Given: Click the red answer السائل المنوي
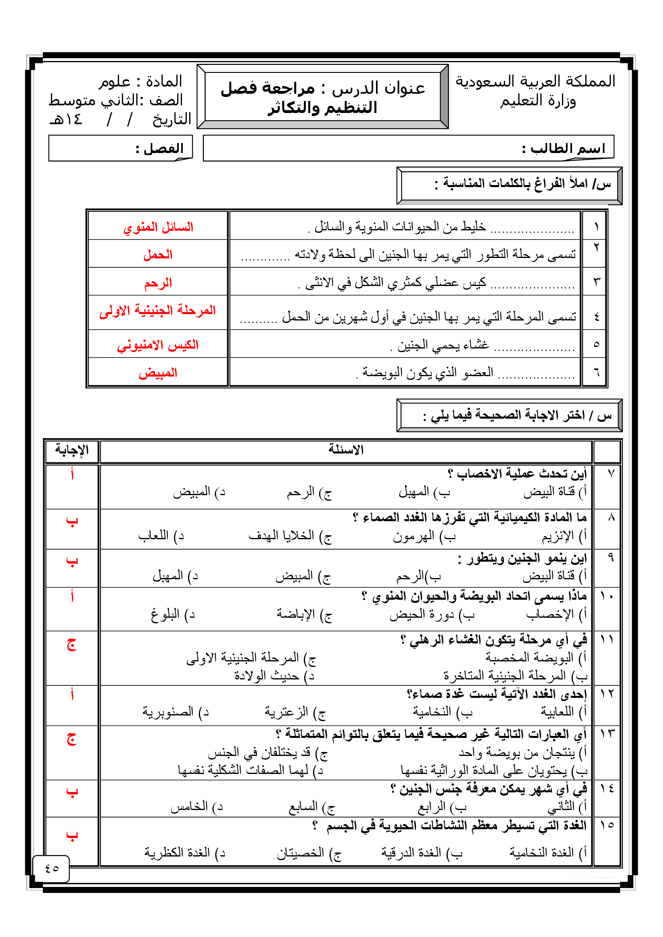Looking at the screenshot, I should coord(158,227).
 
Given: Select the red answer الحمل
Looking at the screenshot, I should coord(158,255).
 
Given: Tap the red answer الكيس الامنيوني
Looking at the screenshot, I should coord(158,345).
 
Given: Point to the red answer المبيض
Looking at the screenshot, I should coord(158,373).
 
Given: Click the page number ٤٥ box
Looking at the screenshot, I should coord(51,868).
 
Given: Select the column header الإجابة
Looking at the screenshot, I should coord(72,450).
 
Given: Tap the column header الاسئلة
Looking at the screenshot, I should coord(346,450).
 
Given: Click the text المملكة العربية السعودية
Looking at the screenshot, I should coord(535,82).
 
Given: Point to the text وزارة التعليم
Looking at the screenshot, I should coord(538,101).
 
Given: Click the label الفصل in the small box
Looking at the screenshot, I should coord(160,149).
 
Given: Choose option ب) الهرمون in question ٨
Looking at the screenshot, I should coord(424,536).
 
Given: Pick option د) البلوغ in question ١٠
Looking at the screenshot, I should coord(172,614).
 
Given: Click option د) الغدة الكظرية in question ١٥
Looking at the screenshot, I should coord(184,852).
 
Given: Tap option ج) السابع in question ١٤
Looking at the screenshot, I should coord(311,806).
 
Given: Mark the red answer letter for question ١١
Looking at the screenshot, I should coord(72,645).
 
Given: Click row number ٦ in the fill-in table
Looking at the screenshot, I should coord(596,372).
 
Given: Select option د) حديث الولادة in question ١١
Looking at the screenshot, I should coord(274,676).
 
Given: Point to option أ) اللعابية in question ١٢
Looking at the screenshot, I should coord(563,712).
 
